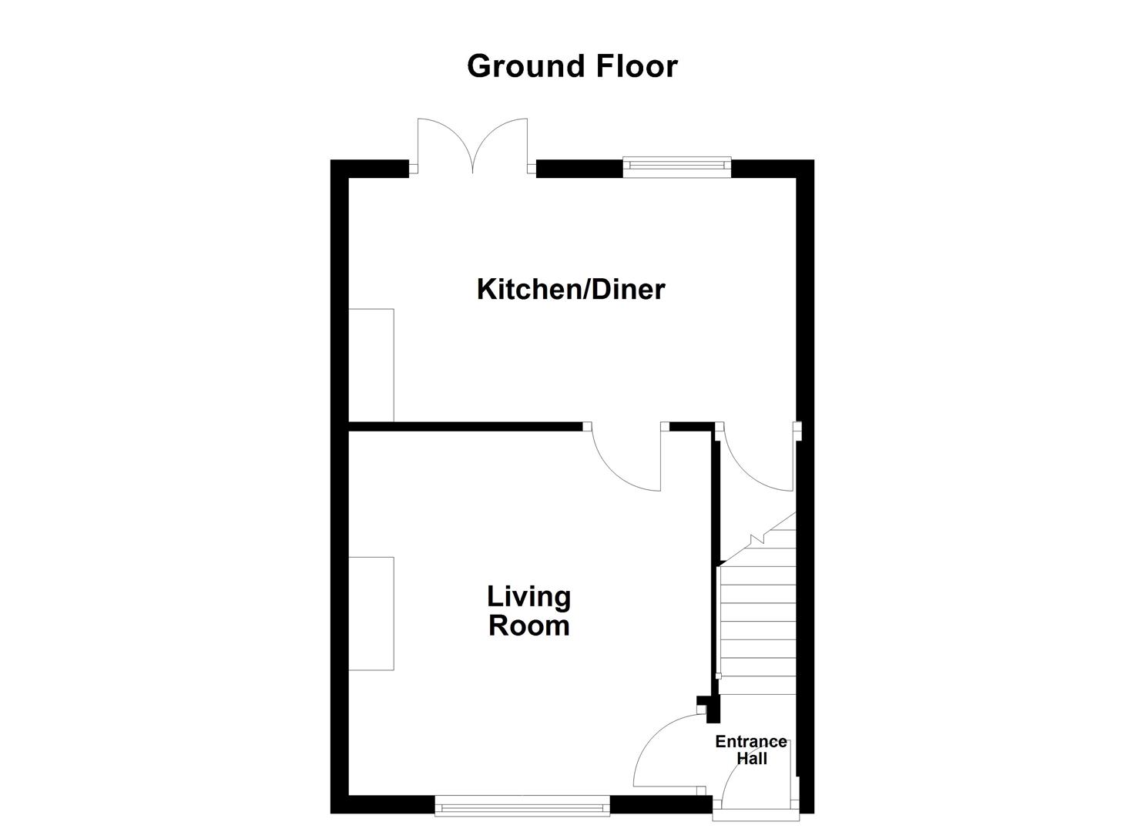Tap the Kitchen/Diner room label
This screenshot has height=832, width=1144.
coord(570,290)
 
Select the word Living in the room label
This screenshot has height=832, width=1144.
coord(528,596)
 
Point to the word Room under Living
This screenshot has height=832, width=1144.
coord(528,625)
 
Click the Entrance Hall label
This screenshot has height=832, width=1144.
coord(751,750)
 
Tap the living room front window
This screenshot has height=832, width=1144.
coord(522,807)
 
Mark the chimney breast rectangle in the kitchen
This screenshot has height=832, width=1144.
coord(371,365)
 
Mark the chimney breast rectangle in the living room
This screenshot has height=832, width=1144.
coord(371,613)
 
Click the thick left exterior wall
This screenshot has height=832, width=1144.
coord(339,493)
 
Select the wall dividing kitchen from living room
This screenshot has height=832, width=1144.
coord(462,424)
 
